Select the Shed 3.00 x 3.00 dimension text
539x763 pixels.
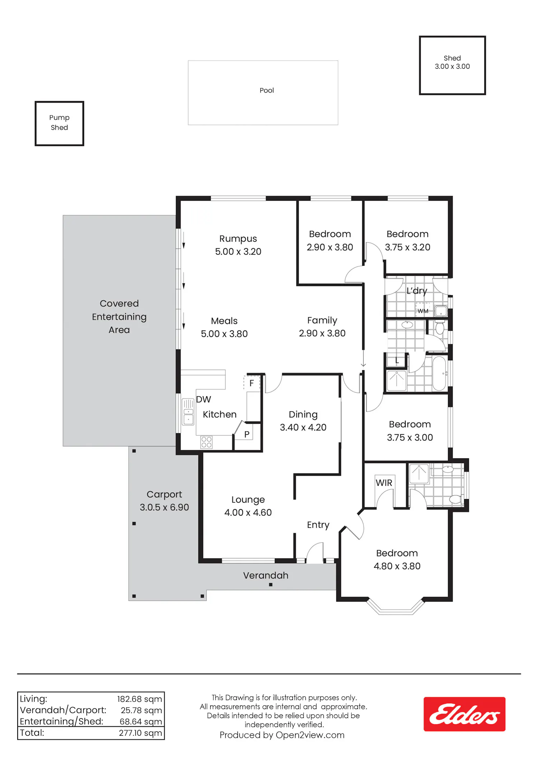(452, 67)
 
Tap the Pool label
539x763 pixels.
(267, 90)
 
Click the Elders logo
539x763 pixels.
(464, 714)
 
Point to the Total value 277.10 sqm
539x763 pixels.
(140, 733)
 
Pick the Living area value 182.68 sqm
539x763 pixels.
(139, 699)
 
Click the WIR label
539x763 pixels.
(384, 483)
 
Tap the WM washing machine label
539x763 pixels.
(423, 311)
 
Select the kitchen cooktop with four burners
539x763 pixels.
(206, 442)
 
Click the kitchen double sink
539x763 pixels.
(188, 412)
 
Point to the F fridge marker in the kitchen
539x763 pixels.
(252, 383)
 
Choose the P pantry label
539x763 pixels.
(247, 434)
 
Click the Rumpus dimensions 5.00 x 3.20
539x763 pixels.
(238, 252)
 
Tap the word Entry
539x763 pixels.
(318, 525)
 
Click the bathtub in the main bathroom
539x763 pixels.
(439, 373)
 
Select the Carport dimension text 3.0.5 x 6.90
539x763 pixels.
(164, 507)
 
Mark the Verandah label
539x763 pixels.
(266, 575)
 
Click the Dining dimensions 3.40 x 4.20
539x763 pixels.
(303, 428)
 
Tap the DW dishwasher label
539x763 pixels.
(203, 399)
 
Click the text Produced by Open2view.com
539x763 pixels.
(282, 735)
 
